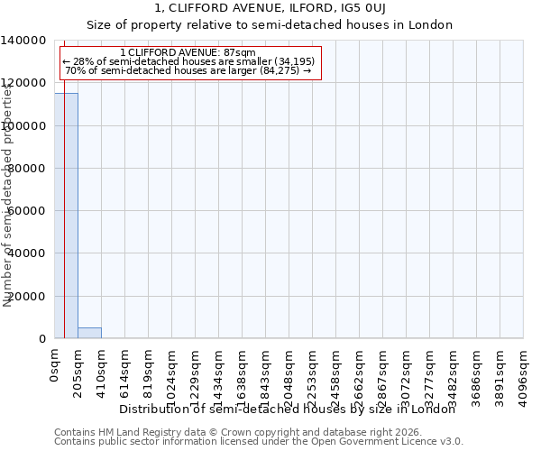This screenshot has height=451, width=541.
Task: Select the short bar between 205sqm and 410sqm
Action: (89, 333)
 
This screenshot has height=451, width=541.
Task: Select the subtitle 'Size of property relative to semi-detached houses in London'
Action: (270, 24)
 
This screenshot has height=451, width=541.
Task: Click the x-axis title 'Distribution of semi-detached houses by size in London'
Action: (288, 409)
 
